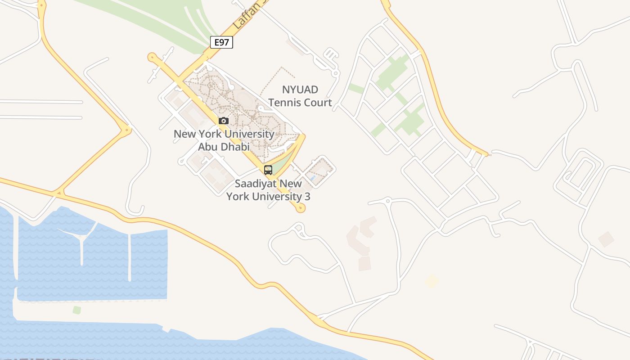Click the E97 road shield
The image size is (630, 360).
(x=221, y=42)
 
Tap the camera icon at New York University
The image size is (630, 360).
(x=224, y=121)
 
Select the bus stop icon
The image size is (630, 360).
(x=268, y=170)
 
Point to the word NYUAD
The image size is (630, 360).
(x=300, y=90)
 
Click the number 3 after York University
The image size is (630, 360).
(x=307, y=196)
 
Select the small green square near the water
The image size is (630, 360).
(x=77, y=310)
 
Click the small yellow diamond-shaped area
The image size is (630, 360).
(x=432, y=281)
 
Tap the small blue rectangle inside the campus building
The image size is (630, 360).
(x=313, y=179)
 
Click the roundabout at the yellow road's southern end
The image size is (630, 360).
(x=301, y=207)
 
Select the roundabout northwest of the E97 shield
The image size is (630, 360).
(x=152, y=57)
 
